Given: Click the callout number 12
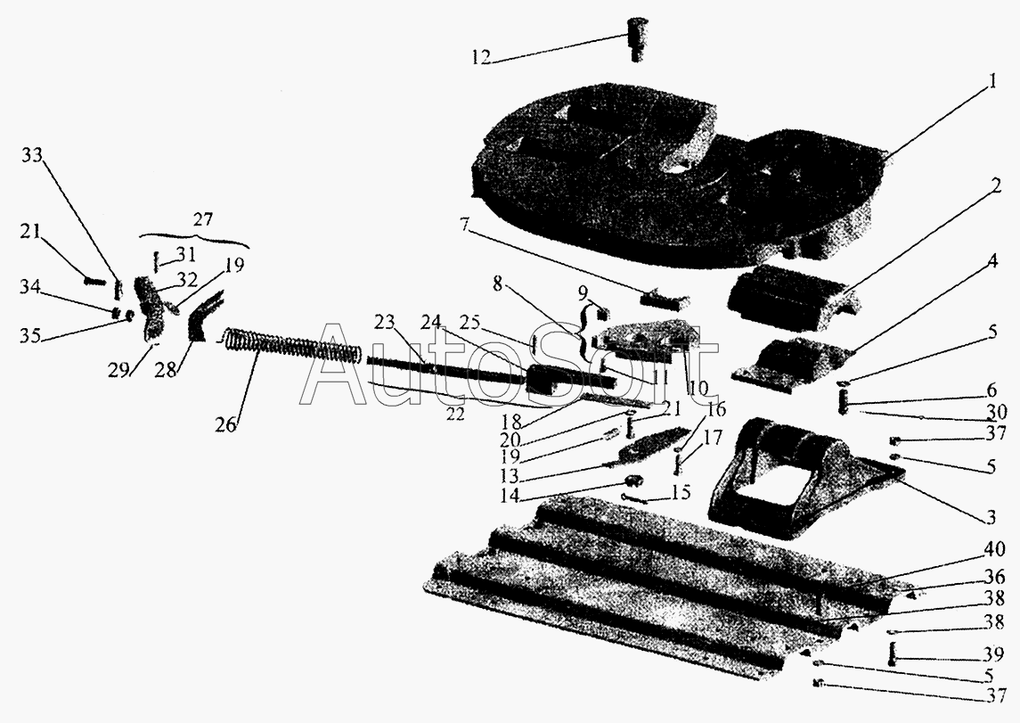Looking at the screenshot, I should tap(481, 59).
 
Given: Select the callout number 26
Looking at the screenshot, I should tap(226, 424).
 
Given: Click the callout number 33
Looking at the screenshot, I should tap(32, 155).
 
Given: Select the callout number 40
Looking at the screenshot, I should tap(995, 549).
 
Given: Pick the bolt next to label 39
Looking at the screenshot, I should tap(894, 654).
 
